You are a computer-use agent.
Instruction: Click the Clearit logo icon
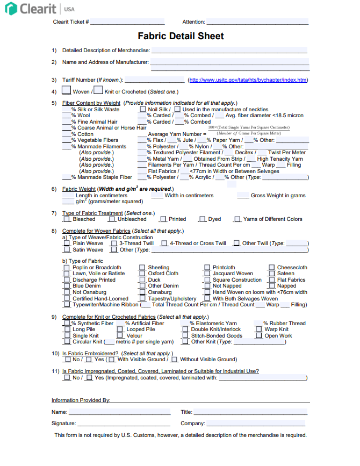coord(11,9)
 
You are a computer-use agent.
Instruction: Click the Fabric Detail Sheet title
coord(181,37)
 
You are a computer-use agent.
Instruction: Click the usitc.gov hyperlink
coord(248,80)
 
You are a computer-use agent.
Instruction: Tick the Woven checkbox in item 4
coord(67,91)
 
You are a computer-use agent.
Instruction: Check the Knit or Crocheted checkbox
coord(98,91)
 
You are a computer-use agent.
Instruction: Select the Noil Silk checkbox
coord(142,109)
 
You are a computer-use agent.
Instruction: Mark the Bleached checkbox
coord(67,219)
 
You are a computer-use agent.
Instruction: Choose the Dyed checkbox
coord(203,219)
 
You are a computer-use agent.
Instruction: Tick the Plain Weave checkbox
coord(67,243)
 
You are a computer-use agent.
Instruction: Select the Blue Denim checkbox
coord(67,286)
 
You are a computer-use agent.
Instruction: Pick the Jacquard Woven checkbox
coord(207,274)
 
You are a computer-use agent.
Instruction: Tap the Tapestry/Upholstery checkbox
coord(142,299)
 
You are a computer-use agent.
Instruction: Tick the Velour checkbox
coord(120,336)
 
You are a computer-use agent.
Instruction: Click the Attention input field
coord(257,22)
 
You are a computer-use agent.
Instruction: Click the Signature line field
coord(123,424)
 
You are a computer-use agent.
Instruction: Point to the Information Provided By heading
coord(81,400)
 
